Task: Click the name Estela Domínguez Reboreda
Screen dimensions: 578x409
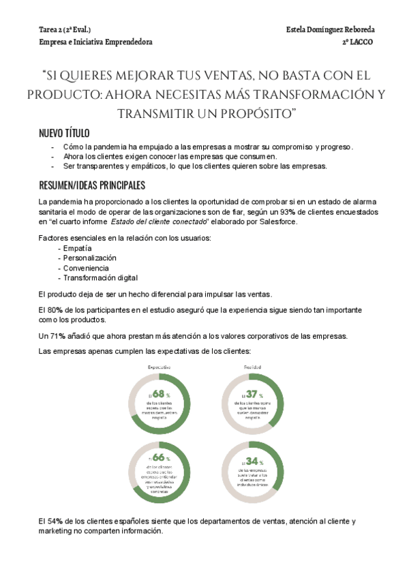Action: coord(331,30)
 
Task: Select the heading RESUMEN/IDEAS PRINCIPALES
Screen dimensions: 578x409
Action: coord(91,185)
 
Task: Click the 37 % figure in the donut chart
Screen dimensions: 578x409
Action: coord(252,394)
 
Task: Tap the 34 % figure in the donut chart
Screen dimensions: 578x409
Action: coord(252,461)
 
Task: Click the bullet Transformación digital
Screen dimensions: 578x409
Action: coord(101,277)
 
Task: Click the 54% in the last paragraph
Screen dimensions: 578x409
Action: coord(57,521)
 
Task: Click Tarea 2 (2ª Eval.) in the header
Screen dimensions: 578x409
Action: coord(65,30)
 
